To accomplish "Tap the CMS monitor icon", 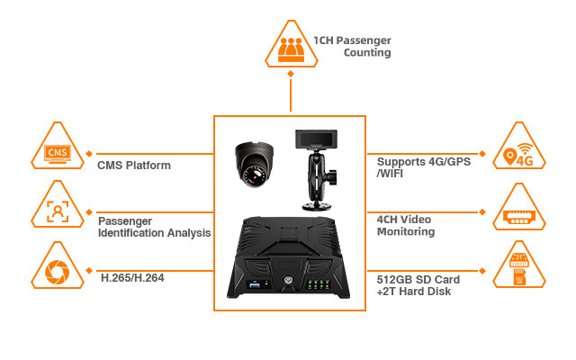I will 57,152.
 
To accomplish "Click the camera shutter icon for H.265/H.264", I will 57,269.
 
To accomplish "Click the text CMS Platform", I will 133,166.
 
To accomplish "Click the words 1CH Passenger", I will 352,40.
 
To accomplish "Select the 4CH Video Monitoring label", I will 406,225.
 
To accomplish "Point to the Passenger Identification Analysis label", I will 153,226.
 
